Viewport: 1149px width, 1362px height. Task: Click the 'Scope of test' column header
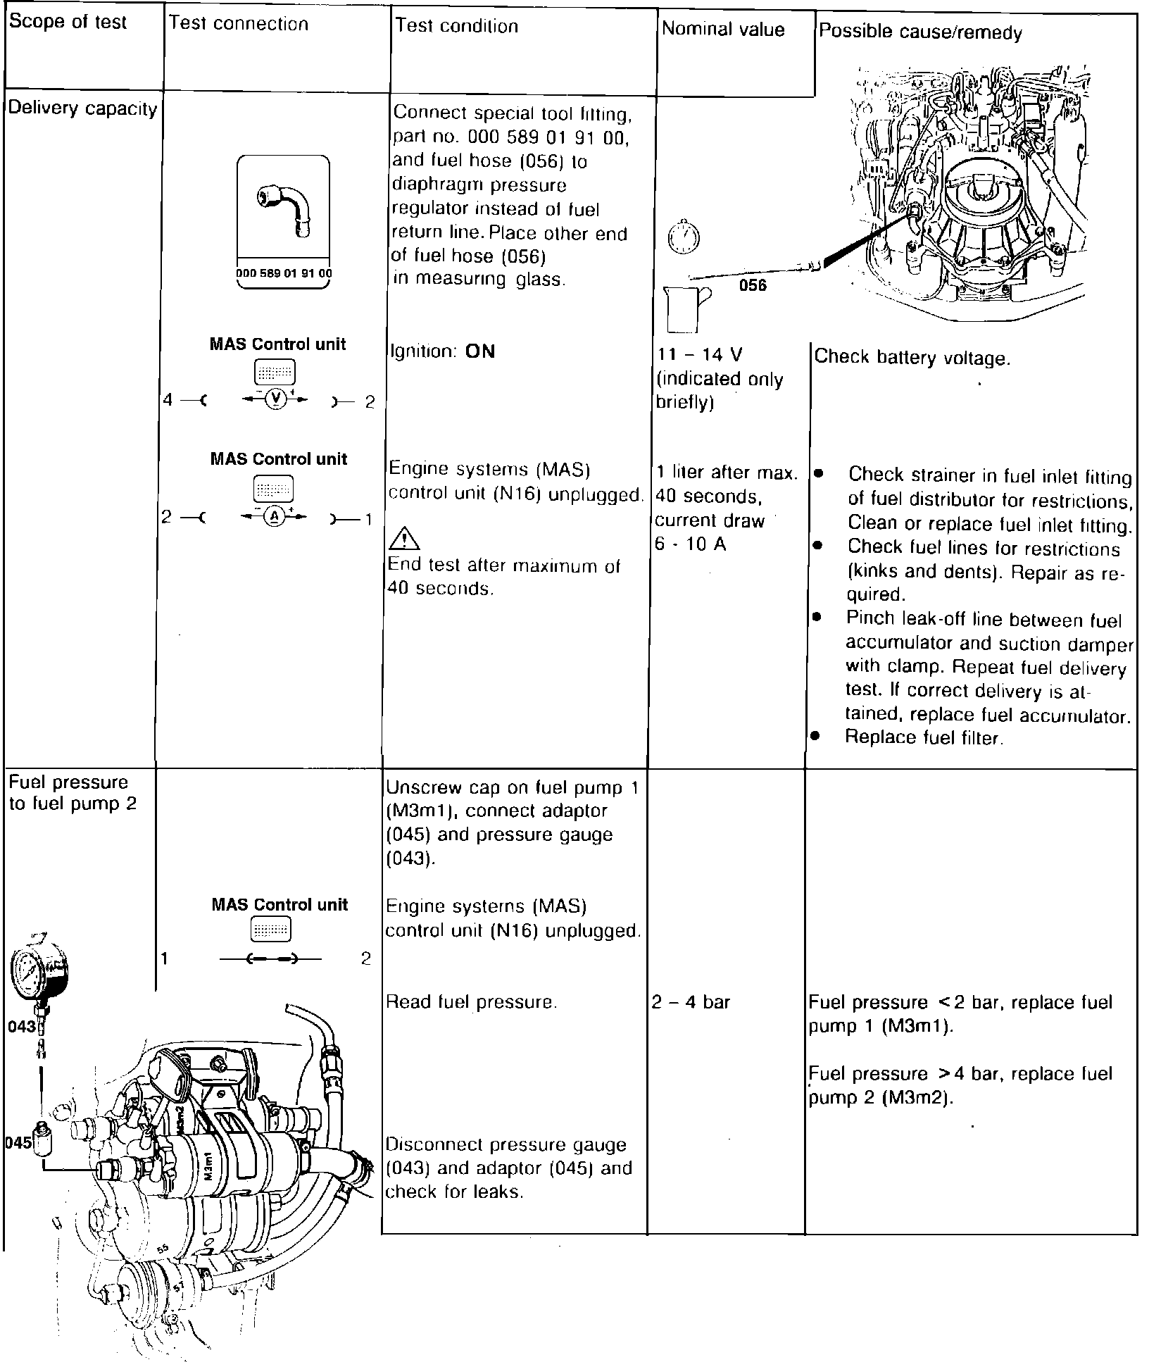pos(68,23)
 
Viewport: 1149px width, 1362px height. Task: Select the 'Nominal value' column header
pos(723,30)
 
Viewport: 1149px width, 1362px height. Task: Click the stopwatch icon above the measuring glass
pos(680,238)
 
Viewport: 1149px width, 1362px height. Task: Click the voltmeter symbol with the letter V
pos(277,399)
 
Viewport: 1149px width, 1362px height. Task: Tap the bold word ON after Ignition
pos(480,351)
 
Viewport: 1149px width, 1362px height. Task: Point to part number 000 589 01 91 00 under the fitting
pos(284,273)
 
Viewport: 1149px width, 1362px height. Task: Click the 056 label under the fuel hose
pos(753,285)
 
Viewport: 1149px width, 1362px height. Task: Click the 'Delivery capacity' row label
pos(82,109)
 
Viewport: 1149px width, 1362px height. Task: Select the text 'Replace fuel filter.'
pos(924,737)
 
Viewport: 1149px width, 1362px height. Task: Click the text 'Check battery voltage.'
pos(912,358)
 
